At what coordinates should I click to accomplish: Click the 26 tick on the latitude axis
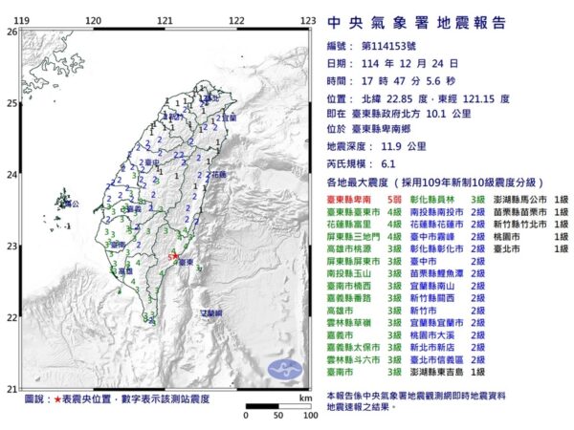coord(11,31)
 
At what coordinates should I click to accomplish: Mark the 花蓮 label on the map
coord(218,176)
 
